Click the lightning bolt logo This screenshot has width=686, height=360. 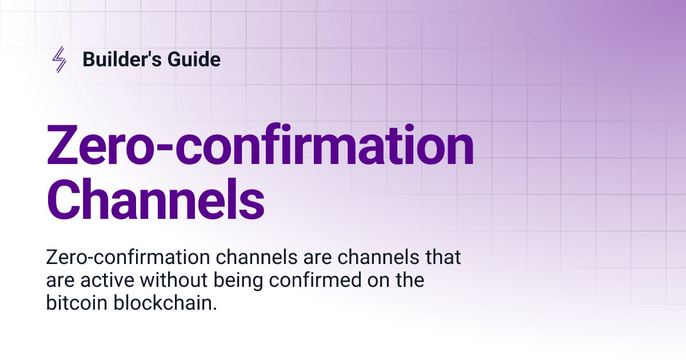59,59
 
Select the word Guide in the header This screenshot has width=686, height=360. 193,59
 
